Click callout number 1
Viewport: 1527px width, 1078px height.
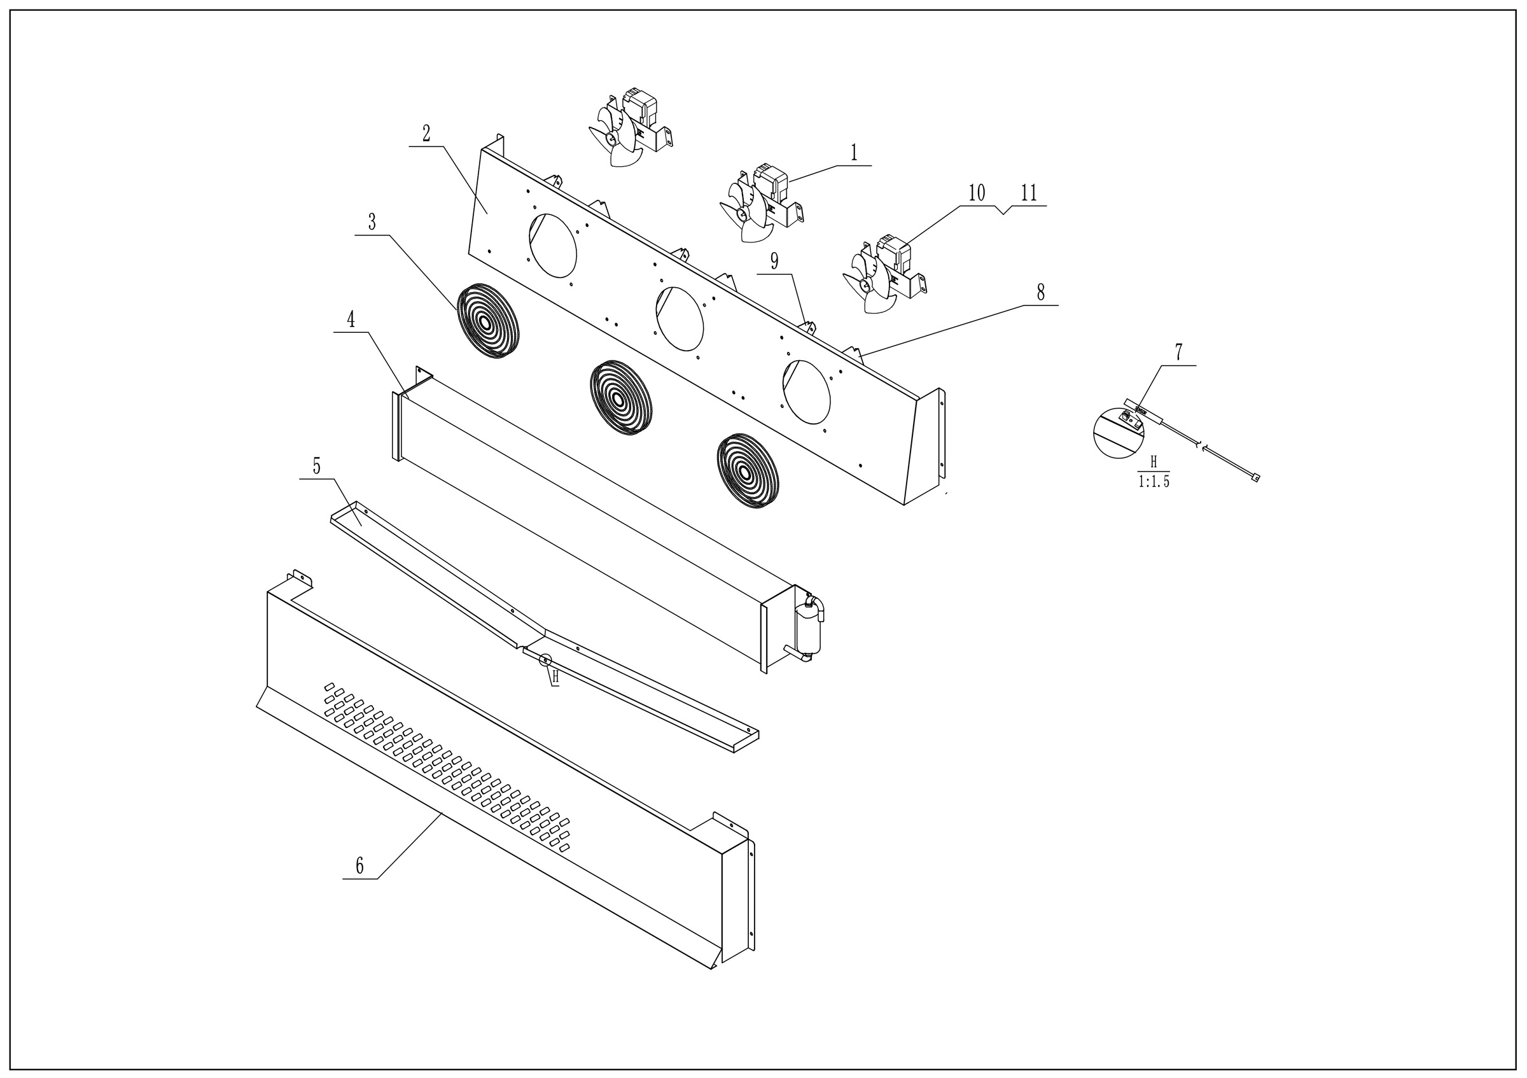[x=854, y=153]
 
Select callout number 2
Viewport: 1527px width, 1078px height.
[x=426, y=134]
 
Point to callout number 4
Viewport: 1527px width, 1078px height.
[x=351, y=321]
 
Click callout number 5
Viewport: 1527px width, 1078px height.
[x=317, y=467]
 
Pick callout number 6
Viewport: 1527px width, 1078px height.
[x=360, y=866]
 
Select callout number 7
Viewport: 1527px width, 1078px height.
[x=1178, y=353]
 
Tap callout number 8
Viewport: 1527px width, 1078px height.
[x=1040, y=293]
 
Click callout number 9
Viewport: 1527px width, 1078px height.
[x=774, y=262]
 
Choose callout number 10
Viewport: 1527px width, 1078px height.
[x=976, y=193]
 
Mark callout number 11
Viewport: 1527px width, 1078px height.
[x=1029, y=193]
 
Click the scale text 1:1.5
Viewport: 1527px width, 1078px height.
[x=1154, y=482]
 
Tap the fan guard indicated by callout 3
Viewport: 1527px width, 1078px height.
[x=487, y=322]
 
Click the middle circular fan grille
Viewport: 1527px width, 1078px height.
[x=620, y=398]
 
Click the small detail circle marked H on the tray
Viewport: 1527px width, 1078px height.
[x=545, y=660]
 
